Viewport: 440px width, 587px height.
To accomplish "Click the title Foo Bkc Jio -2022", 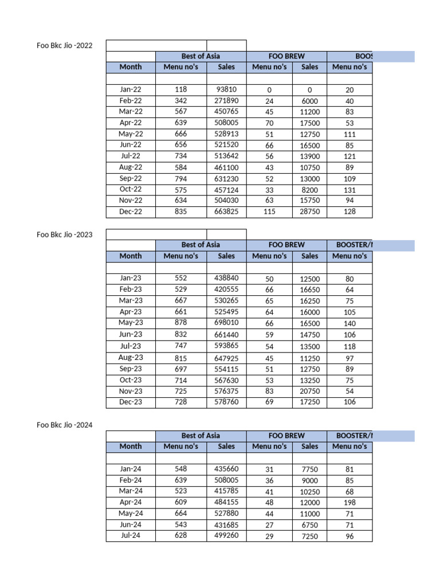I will click(x=64, y=45).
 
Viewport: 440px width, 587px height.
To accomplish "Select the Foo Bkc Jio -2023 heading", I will click(x=64, y=234).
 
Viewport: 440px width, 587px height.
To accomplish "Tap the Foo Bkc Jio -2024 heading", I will click(x=64, y=425).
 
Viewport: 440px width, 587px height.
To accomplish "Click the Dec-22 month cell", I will click(x=130, y=212).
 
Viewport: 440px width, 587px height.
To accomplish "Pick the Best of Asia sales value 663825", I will click(x=226, y=212).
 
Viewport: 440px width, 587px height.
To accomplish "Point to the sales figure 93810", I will click(x=226, y=89).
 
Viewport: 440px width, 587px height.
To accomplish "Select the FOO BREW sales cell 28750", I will click(x=309, y=212).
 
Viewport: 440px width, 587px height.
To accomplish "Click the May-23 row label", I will click(x=130, y=323).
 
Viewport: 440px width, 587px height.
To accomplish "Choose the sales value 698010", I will click(x=226, y=323).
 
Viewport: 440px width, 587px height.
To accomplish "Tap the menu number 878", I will click(x=180, y=323).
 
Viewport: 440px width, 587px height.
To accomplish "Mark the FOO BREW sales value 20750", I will click(x=309, y=391).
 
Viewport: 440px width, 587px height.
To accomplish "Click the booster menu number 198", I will click(x=349, y=503).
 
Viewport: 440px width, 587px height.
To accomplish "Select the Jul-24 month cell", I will click(x=130, y=536).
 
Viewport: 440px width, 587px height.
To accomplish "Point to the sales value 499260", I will click(x=226, y=536).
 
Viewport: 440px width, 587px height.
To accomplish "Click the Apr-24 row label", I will click(x=130, y=502).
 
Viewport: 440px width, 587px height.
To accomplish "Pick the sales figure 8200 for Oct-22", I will click(x=309, y=190).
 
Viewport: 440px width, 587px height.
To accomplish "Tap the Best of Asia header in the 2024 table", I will click(x=201, y=436).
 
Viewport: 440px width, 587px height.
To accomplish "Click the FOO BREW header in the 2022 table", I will click(x=286, y=56).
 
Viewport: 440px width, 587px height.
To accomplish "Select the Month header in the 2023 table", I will click(x=131, y=256).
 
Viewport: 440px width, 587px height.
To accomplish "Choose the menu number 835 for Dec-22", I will click(x=180, y=212).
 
